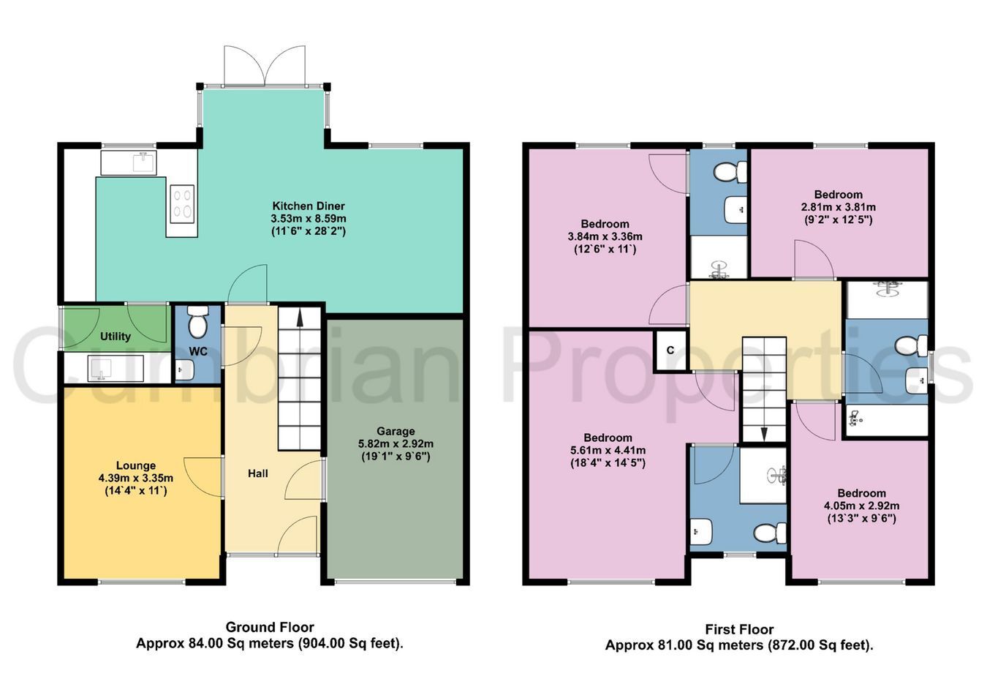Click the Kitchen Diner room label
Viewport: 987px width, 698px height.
[x=309, y=206]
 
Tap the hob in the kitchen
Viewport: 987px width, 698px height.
[x=182, y=203]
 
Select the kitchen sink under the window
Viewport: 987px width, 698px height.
[x=129, y=162]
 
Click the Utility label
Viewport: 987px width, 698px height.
[x=116, y=337]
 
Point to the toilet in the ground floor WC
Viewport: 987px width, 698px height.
[x=198, y=321]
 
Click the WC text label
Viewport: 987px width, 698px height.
[x=198, y=351]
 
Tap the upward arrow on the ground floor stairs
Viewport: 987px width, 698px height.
[x=300, y=318]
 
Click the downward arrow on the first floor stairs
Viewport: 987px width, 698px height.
[x=763, y=434]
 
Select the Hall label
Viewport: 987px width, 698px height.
[x=258, y=473]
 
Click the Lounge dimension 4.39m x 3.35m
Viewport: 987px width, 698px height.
[x=136, y=478]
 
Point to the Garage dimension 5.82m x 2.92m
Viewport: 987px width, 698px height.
[x=396, y=443]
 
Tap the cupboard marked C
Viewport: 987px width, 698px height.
[x=670, y=350]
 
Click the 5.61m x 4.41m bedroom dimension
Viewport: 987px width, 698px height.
[x=608, y=450]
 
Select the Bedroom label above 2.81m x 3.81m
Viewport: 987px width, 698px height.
[x=838, y=195]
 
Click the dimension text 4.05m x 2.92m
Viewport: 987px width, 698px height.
[x=862, y=506]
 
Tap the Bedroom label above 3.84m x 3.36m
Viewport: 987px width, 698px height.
[x=605, y=224]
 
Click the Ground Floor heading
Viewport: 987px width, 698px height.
[x=270, y=627]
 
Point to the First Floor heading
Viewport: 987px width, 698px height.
[x=739, y=629]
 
